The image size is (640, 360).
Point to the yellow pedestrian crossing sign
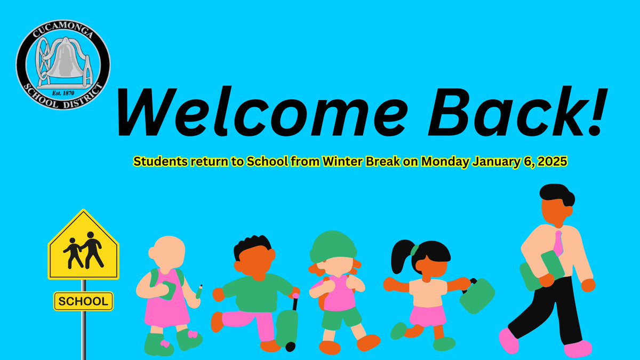(x=83, y=246)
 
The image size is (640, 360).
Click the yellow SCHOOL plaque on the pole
(x=83, y=301)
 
